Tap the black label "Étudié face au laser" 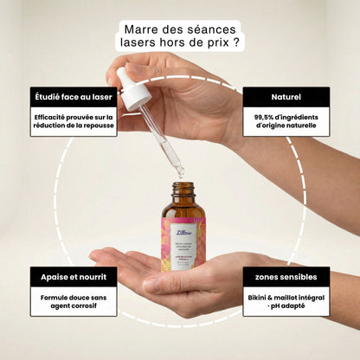74,96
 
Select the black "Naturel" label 286,96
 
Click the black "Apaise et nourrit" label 74,277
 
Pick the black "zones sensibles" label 286,277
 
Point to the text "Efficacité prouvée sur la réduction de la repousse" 74,122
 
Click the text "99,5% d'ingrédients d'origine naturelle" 286,122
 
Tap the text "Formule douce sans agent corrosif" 74,302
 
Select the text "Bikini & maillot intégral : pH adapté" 286,302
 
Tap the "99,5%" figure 268,116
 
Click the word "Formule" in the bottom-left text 55,297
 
